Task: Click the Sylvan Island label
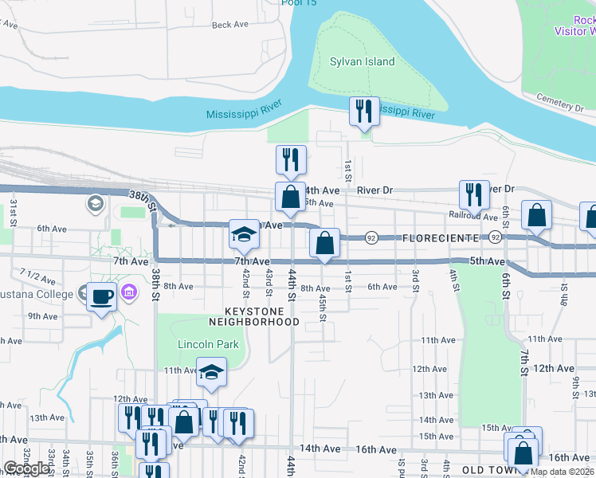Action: [363, 61]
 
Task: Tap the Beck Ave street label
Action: [230, 25]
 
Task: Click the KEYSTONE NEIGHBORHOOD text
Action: [253, 316]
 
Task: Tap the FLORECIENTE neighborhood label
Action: [441, 238]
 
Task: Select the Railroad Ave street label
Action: [474, 215]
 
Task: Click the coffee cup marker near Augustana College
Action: [101, 296]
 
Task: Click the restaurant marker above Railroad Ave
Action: [474, 194]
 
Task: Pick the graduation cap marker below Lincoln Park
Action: [210, 373]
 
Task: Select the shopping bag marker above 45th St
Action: [324, 244]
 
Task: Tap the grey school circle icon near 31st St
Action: [96, 204]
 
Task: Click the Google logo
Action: [26, 468]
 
